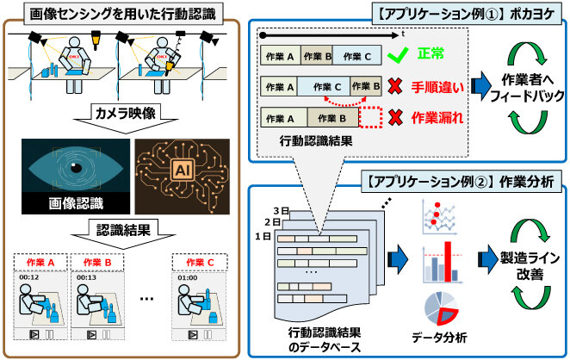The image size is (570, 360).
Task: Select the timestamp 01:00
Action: coord(189,277)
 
